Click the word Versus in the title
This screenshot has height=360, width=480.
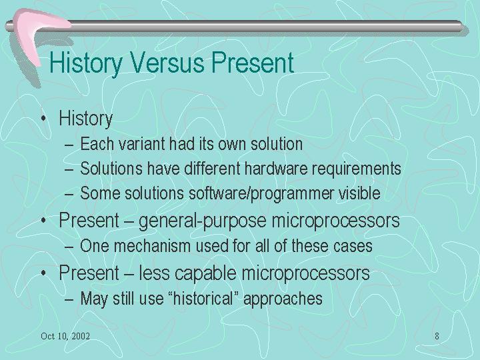(168, 62)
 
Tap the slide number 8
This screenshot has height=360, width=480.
(437, 336)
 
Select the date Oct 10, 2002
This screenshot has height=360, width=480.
(65, 336)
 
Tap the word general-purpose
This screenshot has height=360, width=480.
(203, 221)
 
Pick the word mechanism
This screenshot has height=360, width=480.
(152, 246)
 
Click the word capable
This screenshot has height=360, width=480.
(205, 273)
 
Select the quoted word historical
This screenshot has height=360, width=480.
(203, 298)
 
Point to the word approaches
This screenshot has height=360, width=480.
(283, 299)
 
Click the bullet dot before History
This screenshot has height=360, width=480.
(44, 118)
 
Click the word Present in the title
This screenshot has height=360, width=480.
(253, 62)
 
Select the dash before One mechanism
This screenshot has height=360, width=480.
(69, 247)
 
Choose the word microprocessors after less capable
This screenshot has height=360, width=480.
(305, 273)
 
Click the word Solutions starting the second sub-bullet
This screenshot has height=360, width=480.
(111, 169)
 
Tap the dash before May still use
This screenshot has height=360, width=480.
(69, 299)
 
